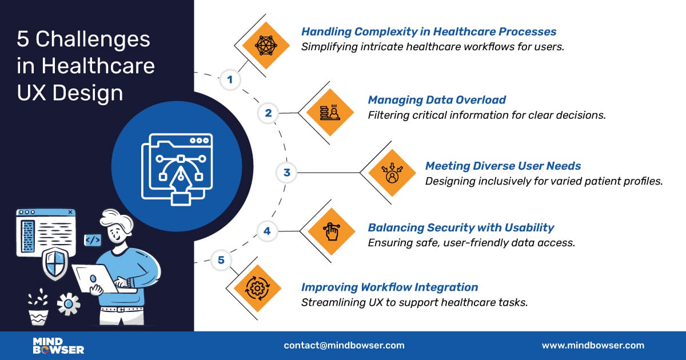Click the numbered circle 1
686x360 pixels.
(x=230, y=79)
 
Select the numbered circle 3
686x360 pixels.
(x=287, y=172)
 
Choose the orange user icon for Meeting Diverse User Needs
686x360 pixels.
(x=392, y=172)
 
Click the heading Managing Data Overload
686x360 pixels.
(x=437, y=100)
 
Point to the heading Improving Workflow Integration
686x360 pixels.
(x=389, y=287)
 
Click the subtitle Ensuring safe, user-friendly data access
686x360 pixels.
(x=471, y=242)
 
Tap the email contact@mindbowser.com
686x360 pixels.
(x=344, y=345)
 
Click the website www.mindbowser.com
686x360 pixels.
(x=593, y=345)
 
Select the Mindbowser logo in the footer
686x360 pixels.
(x=58, y=345)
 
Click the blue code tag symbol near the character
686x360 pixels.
(x=92, y=240)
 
